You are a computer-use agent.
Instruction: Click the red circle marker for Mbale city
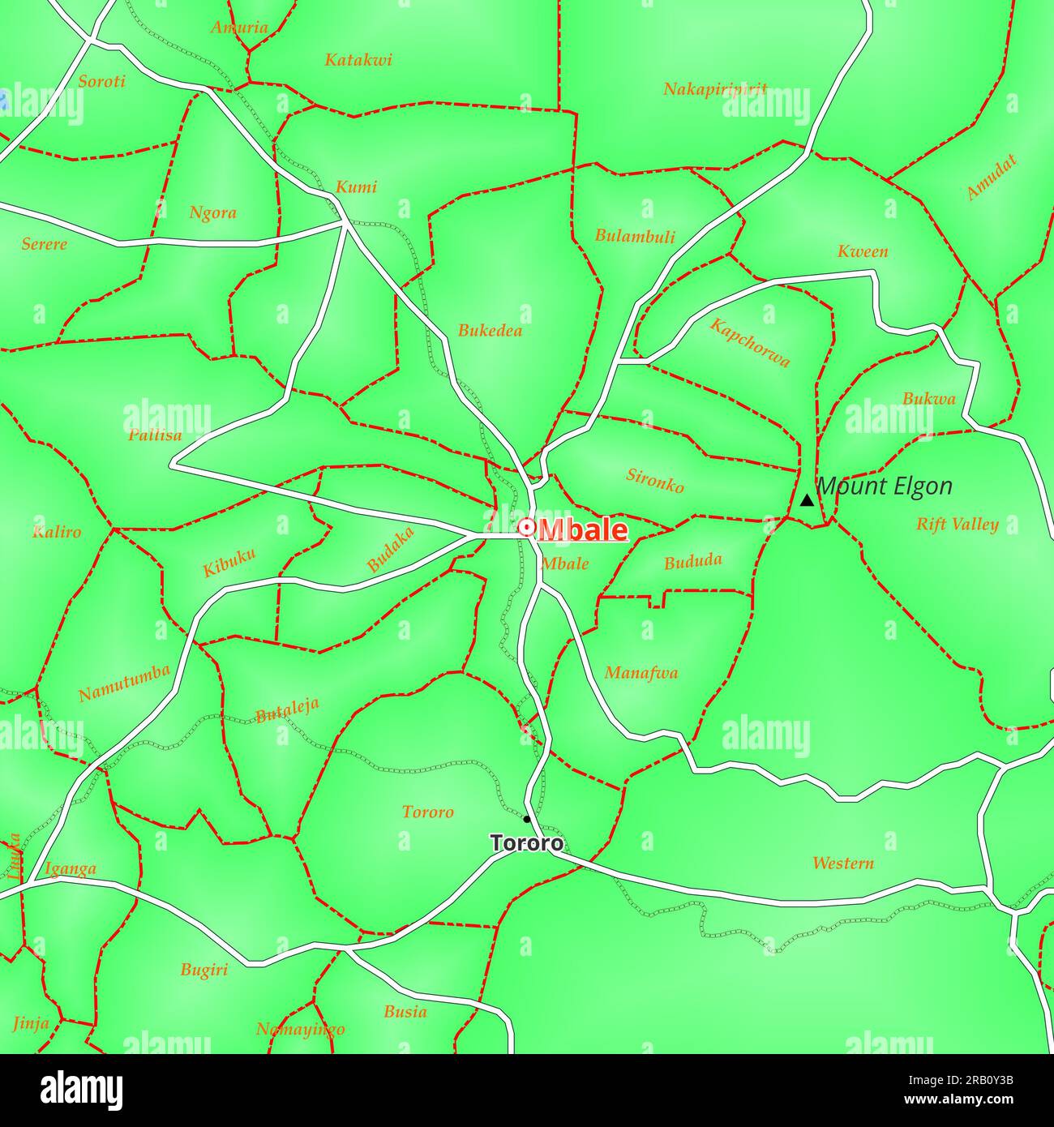527,528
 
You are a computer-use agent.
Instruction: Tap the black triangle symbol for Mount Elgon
807,500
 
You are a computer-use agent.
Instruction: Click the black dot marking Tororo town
526,819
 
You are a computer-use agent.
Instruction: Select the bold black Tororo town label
527,843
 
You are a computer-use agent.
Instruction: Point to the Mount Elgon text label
885,486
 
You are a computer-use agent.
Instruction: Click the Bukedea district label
490,331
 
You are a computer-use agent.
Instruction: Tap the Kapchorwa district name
750,342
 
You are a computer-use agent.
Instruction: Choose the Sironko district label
655,480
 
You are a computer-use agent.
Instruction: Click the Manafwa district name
641,673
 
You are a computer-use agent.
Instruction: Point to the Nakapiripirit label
714,89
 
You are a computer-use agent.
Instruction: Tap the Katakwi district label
358,60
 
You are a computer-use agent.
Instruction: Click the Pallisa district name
155,435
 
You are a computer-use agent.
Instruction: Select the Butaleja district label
287,709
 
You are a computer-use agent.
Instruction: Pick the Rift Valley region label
957,525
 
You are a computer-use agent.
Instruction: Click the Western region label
843,863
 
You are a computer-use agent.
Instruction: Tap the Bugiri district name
204,970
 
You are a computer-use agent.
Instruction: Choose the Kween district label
863,251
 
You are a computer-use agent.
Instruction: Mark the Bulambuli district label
635,237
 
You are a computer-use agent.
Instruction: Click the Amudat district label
991,178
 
